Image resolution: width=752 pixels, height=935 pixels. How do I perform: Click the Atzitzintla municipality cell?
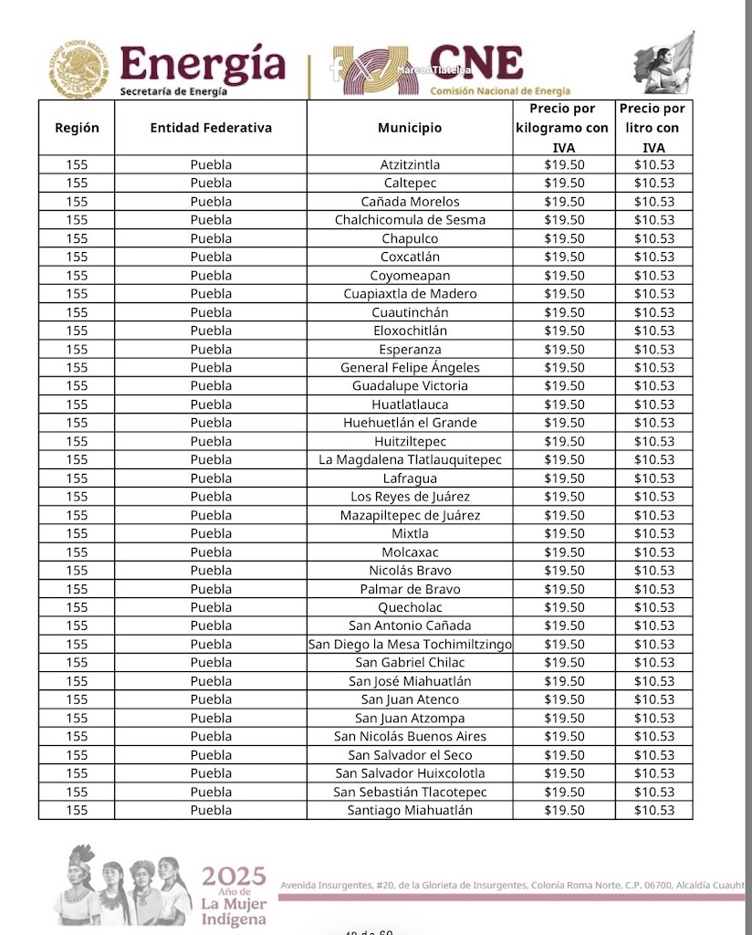tap(410, 165)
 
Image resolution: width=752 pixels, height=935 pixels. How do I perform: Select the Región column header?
tap(77, 128)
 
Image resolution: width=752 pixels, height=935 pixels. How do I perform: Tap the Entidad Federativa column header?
tap(211, 128)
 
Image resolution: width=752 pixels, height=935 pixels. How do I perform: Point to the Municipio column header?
tap(410, 128)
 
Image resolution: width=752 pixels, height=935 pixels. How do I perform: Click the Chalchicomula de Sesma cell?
tap(410, 220)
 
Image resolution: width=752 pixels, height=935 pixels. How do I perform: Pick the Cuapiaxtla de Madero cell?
tap(410, 294)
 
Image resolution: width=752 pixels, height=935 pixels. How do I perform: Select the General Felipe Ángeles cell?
tap(410, 368)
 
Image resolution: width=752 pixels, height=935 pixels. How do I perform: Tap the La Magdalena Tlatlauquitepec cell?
tap(410, 459)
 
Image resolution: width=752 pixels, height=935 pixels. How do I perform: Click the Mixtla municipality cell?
tap(410, 533)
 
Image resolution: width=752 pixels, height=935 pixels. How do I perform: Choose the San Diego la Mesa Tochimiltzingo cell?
tap(410, 644)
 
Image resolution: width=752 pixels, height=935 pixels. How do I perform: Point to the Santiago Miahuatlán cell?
tap(410, 810)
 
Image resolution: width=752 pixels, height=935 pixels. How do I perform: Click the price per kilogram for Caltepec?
tap(564, 184)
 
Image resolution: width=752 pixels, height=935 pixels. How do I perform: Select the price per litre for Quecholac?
tap(654, 607)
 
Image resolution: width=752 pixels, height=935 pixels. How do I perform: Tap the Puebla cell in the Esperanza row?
tap(211, 350)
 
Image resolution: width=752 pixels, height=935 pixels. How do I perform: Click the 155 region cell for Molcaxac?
tap(77, 552)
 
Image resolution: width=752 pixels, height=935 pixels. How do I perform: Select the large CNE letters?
tap(475, 63)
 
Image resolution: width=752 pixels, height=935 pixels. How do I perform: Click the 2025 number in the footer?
tap(234, 877)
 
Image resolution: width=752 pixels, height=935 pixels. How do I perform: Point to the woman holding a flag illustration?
tap(665, 64)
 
